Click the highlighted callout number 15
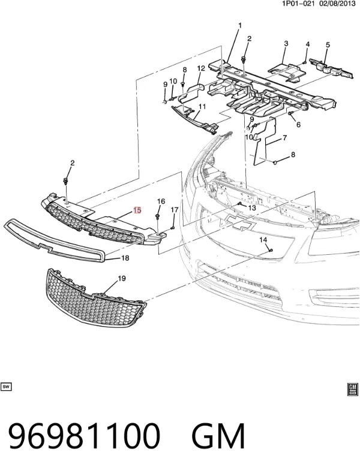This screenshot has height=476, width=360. coord(137,210)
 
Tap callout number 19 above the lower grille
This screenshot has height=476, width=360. coord(122,278)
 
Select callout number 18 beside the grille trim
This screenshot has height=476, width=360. coord(125,258)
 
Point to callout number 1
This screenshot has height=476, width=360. coord(239,25)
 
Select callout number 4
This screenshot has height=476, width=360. coord(307,44)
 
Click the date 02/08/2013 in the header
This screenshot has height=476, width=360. coord(337,4)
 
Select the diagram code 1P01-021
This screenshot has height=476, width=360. coord(298,4)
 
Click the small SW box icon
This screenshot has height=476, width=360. coord(6,387)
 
